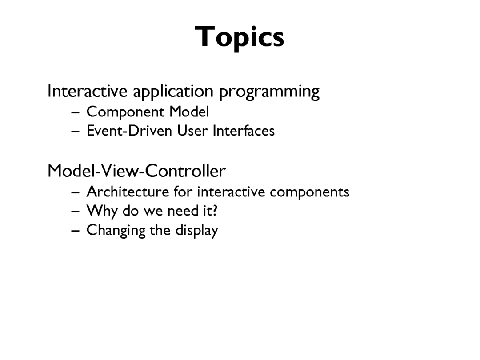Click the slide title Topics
[x=240, y=37]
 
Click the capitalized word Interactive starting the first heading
[x=88, y=91]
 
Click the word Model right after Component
[x=189, y=112]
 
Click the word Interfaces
[x=244, y=131]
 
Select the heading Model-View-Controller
[x=137, y=171]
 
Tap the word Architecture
[x=128, y=192]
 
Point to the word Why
[x=102, y=211]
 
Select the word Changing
[x=116, y=231]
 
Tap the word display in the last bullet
[x=197, y=231]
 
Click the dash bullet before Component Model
[x=75, y=112]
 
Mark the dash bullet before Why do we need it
[x=75, y=212]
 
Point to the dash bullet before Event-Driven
[x=75, y=132]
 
